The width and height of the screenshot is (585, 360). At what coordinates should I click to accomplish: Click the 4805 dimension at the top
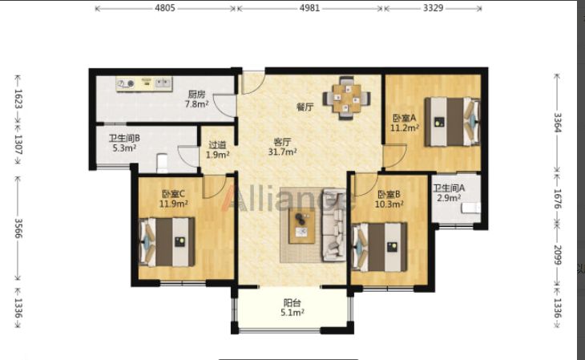(x=165, y=8)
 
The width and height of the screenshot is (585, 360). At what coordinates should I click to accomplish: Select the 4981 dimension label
(x=309, y=8)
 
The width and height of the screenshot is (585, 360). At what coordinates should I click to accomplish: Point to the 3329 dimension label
(x=434, y=8)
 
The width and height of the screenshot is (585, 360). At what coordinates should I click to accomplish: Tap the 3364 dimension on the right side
(x=557, y=123)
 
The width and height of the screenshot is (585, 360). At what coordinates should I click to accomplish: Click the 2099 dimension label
(x=557, y=255)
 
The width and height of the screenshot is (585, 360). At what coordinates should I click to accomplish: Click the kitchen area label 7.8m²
(x=196, y=104)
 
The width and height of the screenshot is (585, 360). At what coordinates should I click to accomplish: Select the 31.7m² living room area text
(x=282, y=152)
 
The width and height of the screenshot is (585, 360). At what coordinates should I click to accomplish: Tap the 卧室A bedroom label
(x=404, y=119)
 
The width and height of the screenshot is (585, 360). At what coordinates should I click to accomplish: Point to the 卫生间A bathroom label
(x=449, y=188)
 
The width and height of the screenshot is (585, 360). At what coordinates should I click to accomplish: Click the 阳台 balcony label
(x=292, y=302)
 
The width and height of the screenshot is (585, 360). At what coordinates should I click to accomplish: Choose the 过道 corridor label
(x=217, y=144)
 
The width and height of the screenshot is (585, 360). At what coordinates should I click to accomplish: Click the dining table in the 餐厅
(x=347, y=98)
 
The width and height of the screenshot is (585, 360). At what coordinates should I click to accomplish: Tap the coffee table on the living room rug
(x=301, y=225)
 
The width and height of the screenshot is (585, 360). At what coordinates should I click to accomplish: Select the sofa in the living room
(x=334, y=224)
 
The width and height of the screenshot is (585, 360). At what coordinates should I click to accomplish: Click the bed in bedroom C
(x=167, y=242)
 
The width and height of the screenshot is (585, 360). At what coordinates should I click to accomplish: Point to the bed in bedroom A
(x=452, y=122)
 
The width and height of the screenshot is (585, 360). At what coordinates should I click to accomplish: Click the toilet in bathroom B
(x=163, y=164)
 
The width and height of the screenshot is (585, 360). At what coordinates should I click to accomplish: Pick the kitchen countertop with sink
(x=144, y=84)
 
